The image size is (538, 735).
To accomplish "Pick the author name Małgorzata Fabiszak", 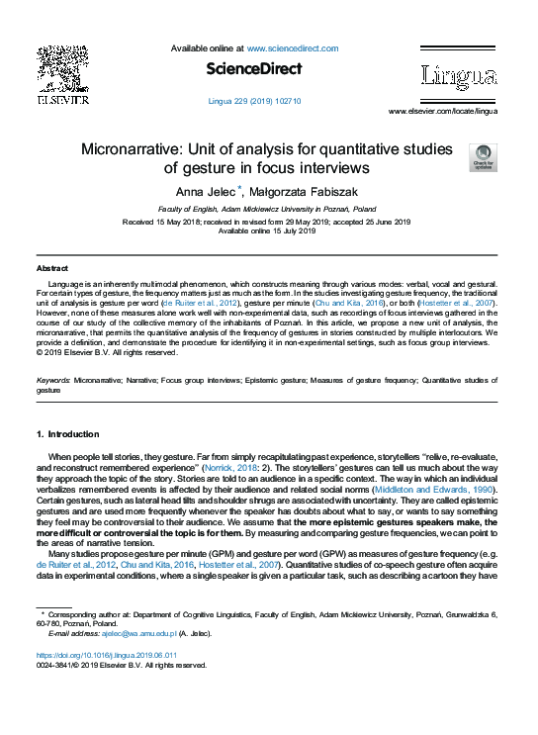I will click(302, 191).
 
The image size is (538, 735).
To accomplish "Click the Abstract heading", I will click(52, 268).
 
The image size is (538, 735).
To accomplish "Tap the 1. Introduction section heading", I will click(67, 433).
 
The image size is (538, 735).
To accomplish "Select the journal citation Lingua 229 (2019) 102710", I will click(254, 101).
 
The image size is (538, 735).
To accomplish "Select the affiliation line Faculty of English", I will click(267, 210).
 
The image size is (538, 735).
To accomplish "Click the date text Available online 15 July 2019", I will click(266, 230).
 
